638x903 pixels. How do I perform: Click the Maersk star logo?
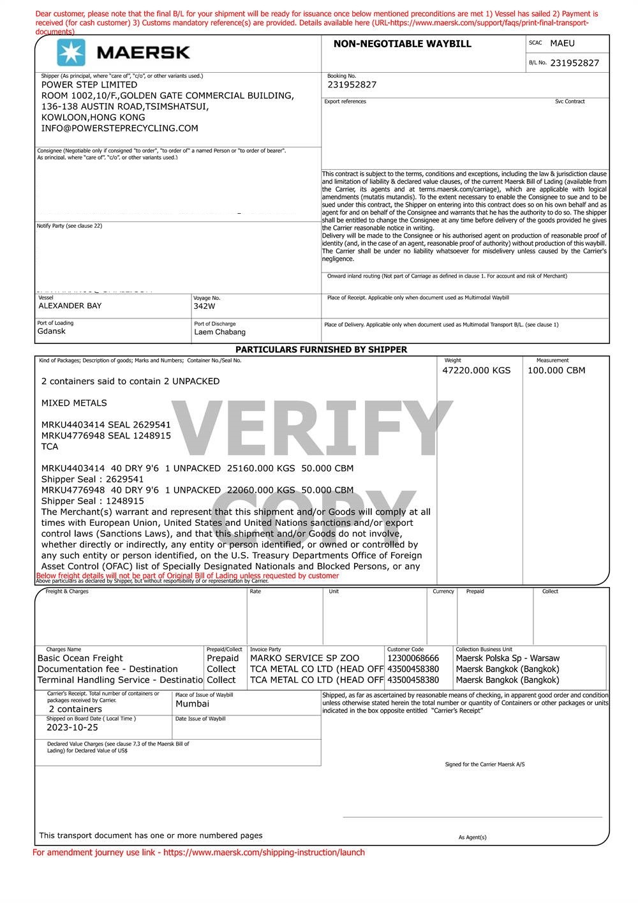(x=71, y=52)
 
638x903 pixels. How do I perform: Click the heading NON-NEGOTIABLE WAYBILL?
(x=402, y=44)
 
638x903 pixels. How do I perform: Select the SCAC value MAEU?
(x=562, y=43)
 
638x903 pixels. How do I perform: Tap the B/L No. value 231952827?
(x=574, y=63)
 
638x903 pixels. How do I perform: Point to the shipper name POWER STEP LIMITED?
(x=89, y=85)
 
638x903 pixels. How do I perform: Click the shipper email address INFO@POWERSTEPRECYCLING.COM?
(x=119, y=128)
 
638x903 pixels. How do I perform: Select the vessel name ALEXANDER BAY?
(x=70, y=306)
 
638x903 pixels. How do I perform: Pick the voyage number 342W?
(x=204, y=306)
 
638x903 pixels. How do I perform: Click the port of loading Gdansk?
(x=51, y=331)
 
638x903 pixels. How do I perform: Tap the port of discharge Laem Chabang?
(x=219, y=332)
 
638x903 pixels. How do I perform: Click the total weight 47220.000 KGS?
(x=476, y=370)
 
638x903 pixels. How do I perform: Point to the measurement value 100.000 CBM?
(x=556, y=370)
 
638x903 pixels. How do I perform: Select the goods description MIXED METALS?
(x=74, y=403)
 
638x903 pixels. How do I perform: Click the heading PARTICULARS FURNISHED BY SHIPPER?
(x=321, y=350)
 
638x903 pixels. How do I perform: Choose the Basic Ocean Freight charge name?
(x=80, y=659)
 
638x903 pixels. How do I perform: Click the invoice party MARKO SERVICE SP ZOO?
(x=304, y=659)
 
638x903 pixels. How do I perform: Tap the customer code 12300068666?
(x=413, y=659)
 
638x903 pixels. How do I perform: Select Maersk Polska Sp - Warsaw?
(x=507, y=659)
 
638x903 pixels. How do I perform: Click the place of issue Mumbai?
(x=192, y=704)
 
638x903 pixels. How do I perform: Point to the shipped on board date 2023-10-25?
(x=72, y=728)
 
